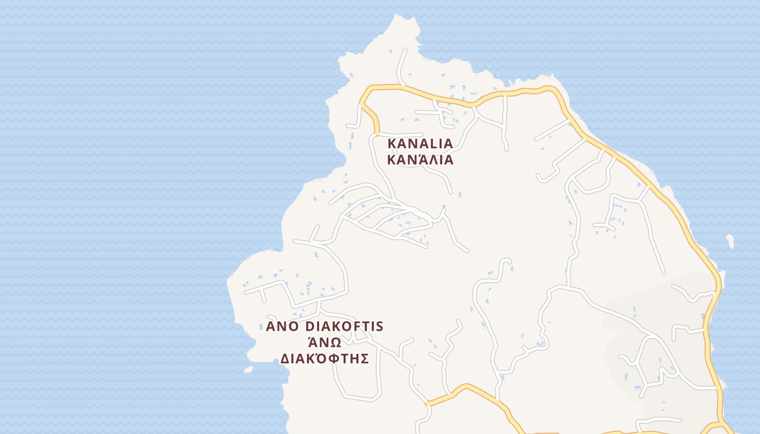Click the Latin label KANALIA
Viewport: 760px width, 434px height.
point(420,144)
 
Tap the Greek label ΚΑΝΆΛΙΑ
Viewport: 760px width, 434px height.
point(420,160)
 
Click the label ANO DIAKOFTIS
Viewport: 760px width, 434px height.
point(325,327)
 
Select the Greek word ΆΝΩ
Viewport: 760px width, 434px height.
point(325,342)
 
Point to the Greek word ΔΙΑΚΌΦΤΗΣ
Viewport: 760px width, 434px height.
point(325,359)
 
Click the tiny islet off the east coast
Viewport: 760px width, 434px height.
point(730,240)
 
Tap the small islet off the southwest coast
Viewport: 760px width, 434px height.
point(248,369)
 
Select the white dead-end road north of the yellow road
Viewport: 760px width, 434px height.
point(402,65)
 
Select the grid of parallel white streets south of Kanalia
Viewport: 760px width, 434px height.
point(388,220)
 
